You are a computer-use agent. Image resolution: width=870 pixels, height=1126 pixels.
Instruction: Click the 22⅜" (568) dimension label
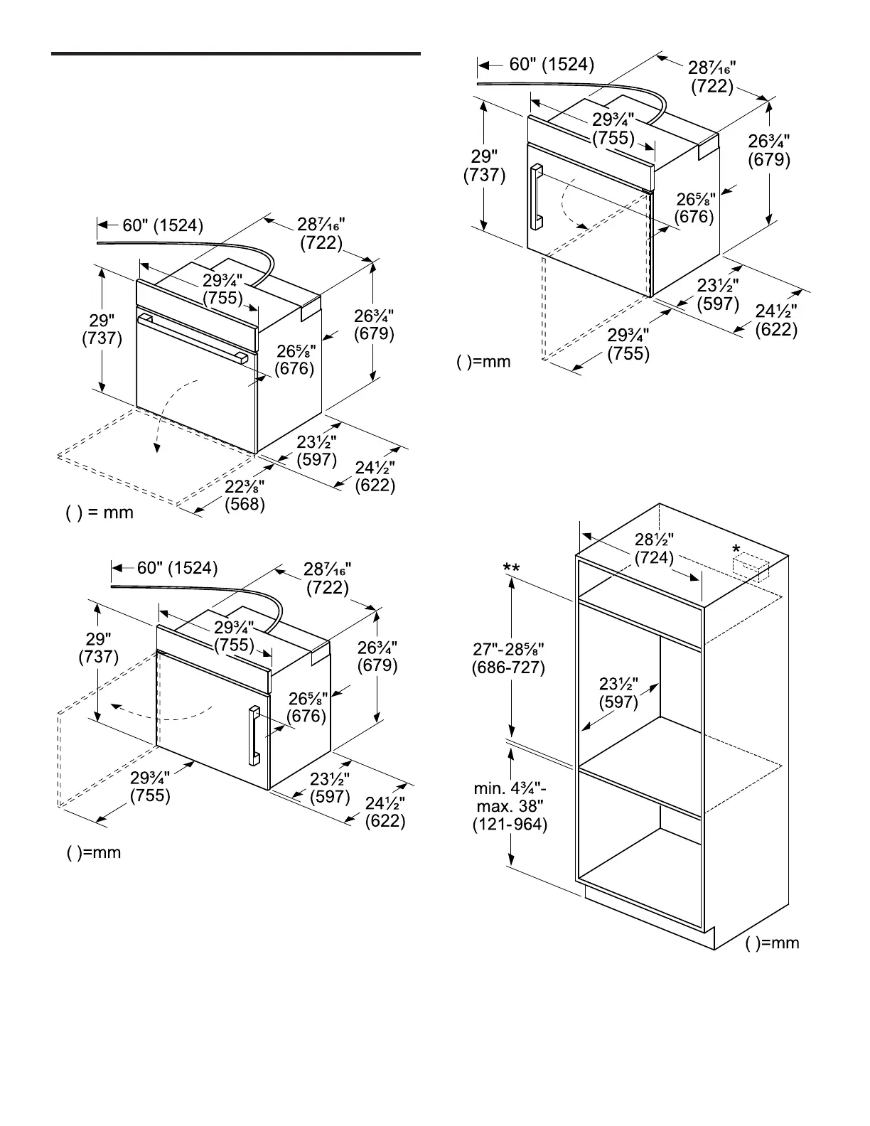pyautogui.click(x=245, y=495)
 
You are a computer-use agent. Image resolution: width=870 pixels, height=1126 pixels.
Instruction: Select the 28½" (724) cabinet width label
pyautogui.click(x=654, y=549)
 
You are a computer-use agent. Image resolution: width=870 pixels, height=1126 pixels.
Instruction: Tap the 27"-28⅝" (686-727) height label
pyautogui.click(x=508, y=658)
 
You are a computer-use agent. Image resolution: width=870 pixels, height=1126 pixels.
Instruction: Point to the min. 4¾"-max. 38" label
pyautogui.click(x=510, y=807)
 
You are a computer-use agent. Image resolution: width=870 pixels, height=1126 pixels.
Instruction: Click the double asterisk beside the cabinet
pyautogui.click(x=511, y=568)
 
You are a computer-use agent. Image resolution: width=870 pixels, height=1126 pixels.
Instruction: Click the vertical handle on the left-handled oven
pyautogui.click(x=536, y=198)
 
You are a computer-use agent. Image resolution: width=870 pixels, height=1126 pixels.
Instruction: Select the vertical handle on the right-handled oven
pyautogui.click(x=254, y=736)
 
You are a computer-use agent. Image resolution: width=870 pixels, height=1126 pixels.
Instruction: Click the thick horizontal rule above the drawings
pyautogui.click(x=236, y=53)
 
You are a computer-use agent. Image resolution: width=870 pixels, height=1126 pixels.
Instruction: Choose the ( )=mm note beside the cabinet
pyautogui.click(x=773, y=943)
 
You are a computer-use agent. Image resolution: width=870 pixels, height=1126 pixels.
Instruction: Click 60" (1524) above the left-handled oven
pyautogui.click(x=552, y=65)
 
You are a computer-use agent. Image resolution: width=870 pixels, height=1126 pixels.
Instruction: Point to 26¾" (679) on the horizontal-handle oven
pyautogui.click(x=374, y=324)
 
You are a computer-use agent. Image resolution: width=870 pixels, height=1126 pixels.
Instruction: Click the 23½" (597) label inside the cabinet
pyautogui.click(x=618, y=693)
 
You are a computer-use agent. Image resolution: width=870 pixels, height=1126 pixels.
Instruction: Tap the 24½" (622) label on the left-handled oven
pyautogui.click(x=776, y=321)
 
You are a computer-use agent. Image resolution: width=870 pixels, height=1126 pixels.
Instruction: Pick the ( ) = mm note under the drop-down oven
pyautogui.click(x=100, y=513)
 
